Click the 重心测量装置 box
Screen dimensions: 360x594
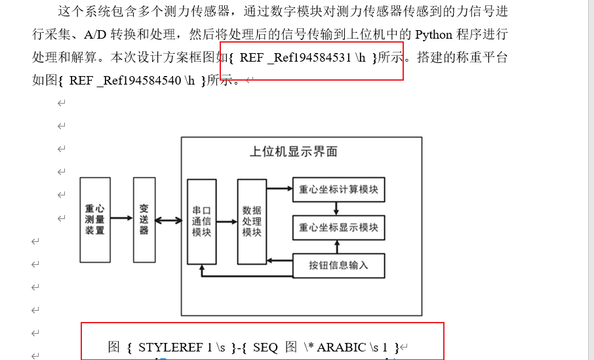(95, 220)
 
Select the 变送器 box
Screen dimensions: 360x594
(144, 220)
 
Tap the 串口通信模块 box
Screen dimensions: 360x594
(201, 221)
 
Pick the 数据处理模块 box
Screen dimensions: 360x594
(252, 221)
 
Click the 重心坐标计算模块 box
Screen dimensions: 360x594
(338, 190)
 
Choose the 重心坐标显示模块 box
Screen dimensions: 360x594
(338, 228)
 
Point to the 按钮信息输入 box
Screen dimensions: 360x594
(338, 266)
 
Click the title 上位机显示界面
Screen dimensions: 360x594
(294, 151)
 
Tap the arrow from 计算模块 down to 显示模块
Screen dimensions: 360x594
(337, 209)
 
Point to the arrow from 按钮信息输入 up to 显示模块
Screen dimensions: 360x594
(337, 247)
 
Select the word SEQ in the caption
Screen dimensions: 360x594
(265, 348)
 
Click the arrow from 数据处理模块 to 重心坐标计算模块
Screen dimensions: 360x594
(280, 189)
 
